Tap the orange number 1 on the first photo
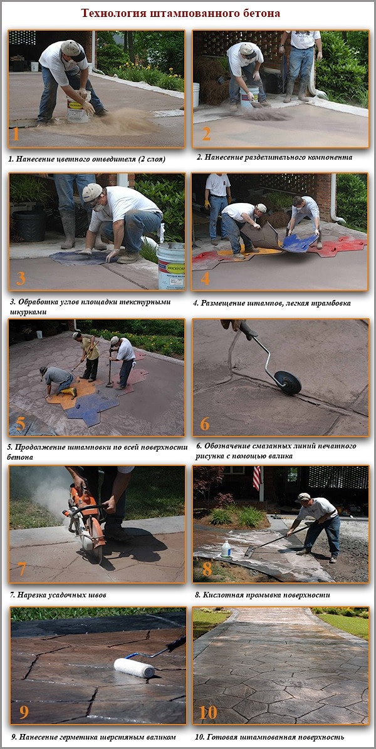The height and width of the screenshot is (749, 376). (16, 134)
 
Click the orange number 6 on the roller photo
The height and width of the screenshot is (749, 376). (204, 423)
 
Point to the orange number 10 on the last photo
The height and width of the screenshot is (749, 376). (208, 713)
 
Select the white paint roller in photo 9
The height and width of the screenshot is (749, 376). (134, 667)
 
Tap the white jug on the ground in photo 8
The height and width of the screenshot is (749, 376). (226, 549)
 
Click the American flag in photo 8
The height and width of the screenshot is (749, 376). (257, 478)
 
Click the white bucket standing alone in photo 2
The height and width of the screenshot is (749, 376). (196, 95)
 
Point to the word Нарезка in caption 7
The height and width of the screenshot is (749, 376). (32, 595)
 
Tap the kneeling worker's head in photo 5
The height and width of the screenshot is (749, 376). (44, 371)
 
